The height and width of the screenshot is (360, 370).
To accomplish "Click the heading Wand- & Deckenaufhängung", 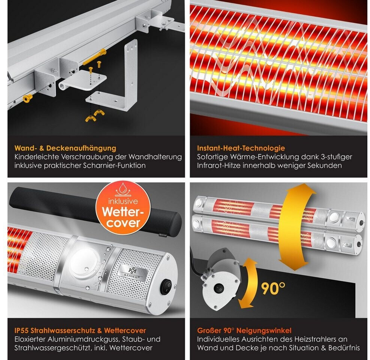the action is click(65, 148).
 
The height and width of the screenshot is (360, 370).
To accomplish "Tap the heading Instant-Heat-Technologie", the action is click(241, 148).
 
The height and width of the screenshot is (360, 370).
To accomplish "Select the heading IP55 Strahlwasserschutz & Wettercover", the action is click(80, 330).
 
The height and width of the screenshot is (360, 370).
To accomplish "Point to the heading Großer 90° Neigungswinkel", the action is click(244, 330).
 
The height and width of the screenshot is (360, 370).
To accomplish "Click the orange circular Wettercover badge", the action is click(123, 208).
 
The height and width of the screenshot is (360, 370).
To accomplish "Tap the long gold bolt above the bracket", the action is click(94, 57).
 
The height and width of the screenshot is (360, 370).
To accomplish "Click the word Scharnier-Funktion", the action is click(114, 165).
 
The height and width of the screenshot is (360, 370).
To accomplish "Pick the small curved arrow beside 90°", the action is click(246, 283).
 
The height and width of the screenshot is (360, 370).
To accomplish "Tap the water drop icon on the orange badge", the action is click(123, 189).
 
